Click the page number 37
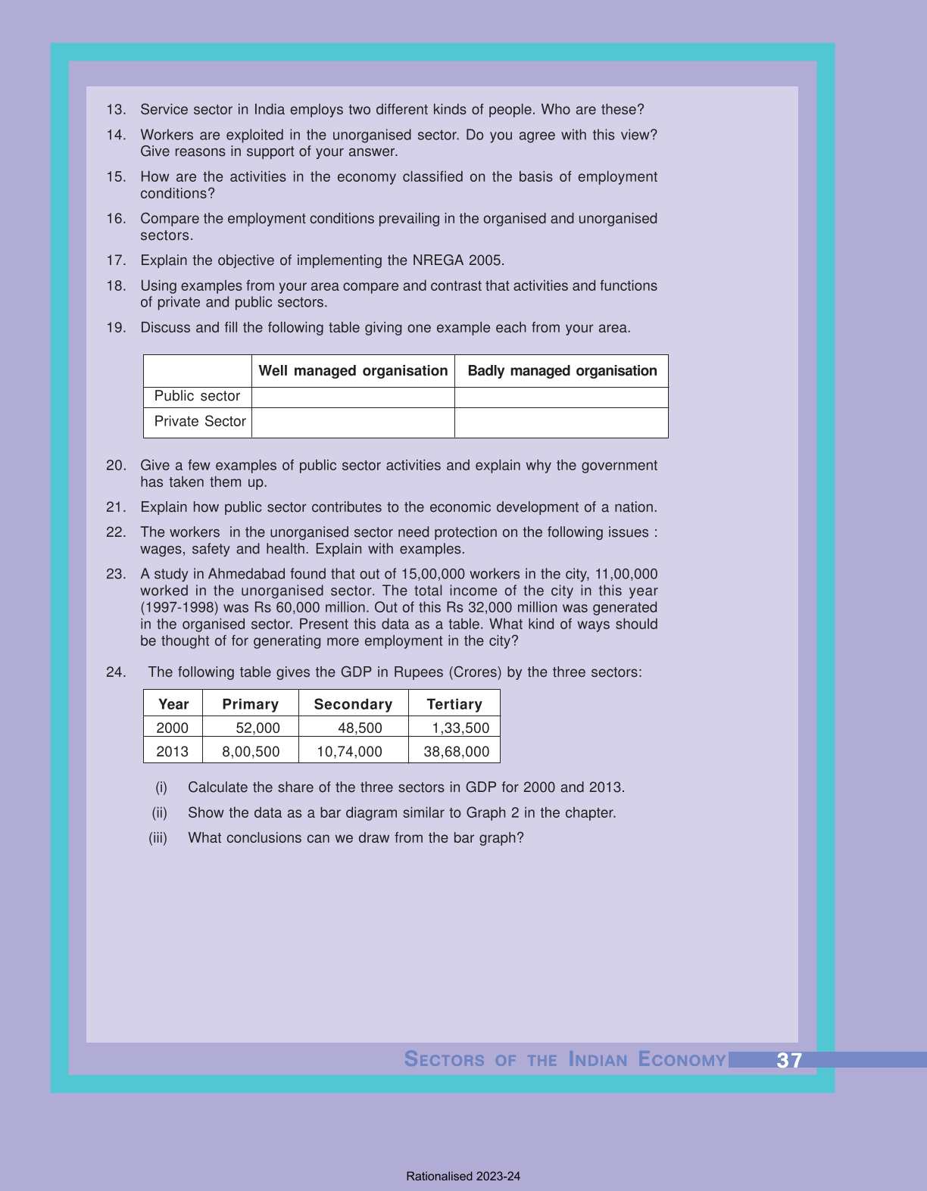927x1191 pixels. click(788, 1060)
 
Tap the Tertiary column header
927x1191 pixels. click(454, 704)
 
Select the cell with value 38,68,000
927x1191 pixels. click(456, 752)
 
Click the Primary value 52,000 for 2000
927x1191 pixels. click(257, 728)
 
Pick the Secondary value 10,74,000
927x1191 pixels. click(349, 752)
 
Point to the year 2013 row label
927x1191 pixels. click(172, 752)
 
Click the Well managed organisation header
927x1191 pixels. click(353, 371)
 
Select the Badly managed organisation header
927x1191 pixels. click(562, 371)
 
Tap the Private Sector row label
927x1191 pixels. click(200, 422)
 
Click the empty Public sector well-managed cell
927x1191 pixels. click(353, 397)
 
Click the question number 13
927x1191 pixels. click(116, 110)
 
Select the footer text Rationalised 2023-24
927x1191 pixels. click(463, 1177)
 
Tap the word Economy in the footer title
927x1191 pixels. click(682, 1059)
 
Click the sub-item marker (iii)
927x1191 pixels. click(158, 838)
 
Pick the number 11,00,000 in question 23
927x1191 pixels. click(626, 575)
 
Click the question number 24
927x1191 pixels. click(116, 672)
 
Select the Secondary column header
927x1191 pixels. click(353, 704)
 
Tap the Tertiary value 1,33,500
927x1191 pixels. click(460, 728)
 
